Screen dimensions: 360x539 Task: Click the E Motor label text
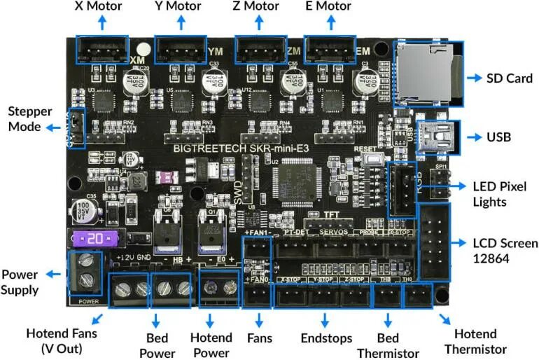[x=328, y=7]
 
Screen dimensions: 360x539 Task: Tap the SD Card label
[x=510, y=77]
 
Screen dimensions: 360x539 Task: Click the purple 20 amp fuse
[x=97, y=238]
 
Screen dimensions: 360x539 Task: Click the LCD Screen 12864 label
[x=504, y=251]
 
